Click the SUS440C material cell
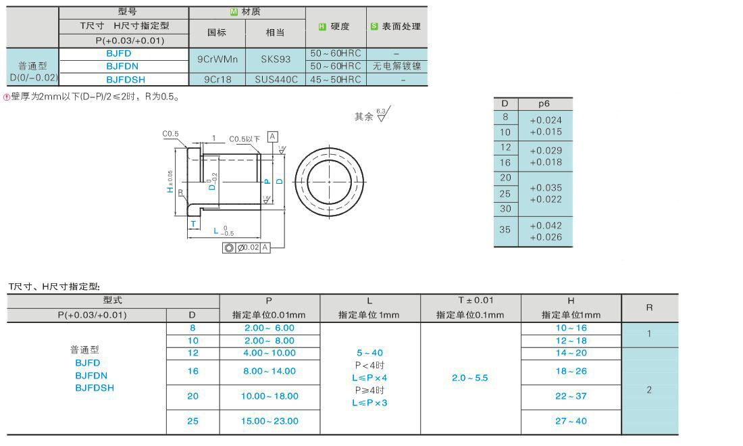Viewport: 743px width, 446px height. [x=276, y=79]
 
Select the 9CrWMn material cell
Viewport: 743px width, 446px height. [x=217, y=59]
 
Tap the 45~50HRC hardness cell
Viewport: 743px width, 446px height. [x=336, y=79]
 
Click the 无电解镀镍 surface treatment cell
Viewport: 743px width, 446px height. [x=396, y=66]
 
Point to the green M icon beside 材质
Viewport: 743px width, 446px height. [x=234, y=11]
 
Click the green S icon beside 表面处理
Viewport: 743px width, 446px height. [x=374, y=26]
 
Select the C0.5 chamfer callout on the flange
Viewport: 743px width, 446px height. [x=170, y=134]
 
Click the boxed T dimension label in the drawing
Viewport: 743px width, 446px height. [x=193, y=224]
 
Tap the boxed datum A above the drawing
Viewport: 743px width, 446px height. [x=273, y=137]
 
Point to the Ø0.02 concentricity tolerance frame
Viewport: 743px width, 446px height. [x=246, y=248]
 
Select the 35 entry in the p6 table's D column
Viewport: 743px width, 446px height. [x=505, y=230]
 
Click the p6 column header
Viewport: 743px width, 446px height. [x=544, y=104]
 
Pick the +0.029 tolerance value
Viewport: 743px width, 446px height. [x=546, y=150]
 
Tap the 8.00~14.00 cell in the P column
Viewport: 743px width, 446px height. [x=270, y=371]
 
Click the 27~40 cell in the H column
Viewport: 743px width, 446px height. [x=571, y=421]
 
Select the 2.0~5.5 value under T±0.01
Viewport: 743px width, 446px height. [x=469, y=378]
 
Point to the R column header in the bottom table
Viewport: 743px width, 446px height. [x=649, y=307]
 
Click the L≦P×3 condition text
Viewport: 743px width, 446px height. [x=369, y=403]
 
